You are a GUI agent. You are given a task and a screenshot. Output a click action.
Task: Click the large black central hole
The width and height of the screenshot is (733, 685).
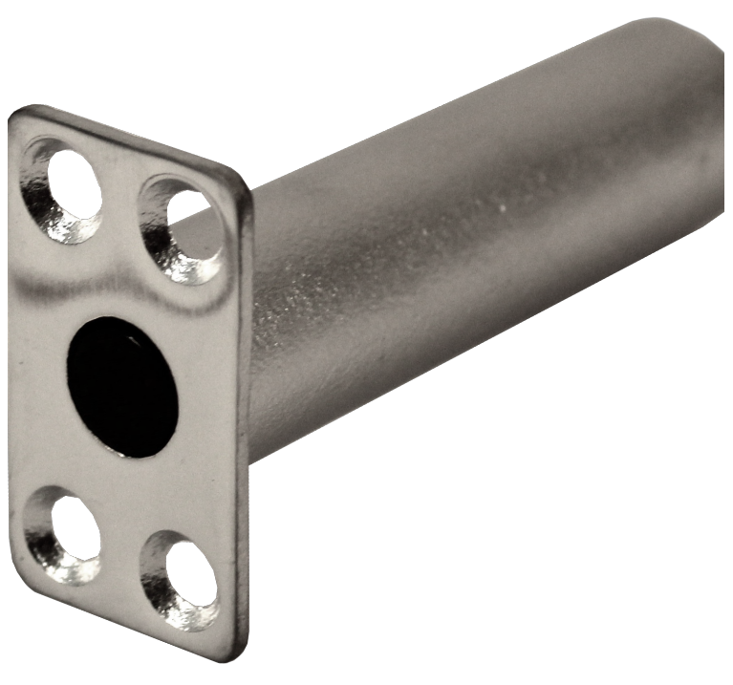121,386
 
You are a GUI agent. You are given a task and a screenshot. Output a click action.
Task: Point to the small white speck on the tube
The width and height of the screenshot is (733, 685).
504,206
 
